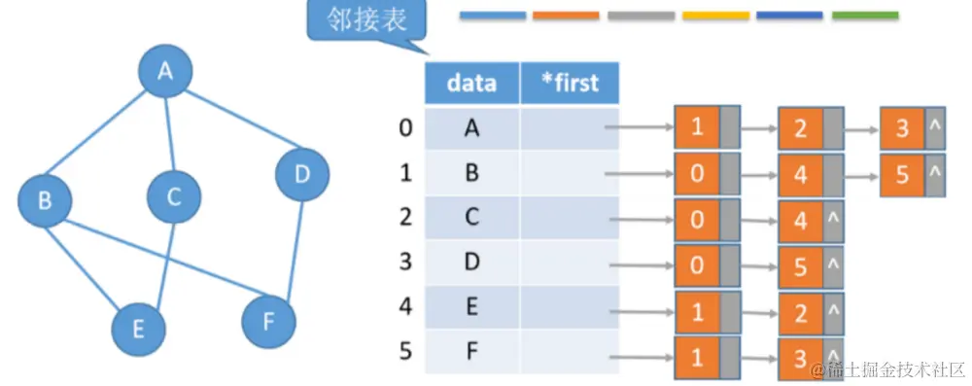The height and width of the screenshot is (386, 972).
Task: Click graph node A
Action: pos(165,71)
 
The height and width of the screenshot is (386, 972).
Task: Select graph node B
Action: pos(45,201)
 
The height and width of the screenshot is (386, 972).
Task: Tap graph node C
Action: pos(174,197)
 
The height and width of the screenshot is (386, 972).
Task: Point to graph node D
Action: pos(301,175)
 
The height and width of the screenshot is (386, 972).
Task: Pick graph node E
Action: pos(138,328)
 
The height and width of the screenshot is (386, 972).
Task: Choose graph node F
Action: pos(268,322)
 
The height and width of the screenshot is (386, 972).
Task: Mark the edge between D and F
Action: pos(287,247)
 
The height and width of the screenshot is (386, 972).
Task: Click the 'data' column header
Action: pos(471,83)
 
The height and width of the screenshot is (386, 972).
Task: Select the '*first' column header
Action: pos(570,83)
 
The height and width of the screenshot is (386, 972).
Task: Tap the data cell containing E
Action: pos(471,306)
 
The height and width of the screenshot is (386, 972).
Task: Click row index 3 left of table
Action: pos(405,261)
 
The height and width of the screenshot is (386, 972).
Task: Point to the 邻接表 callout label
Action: pos(367,19)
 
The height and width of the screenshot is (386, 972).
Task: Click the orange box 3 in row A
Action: pos(903,127)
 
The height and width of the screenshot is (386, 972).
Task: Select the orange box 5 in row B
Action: pos(903,175)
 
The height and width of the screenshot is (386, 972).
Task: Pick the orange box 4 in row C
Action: pos(801,219)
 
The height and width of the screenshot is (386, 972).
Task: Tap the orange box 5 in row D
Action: pos(801,264)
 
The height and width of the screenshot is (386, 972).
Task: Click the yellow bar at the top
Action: pos(715,16)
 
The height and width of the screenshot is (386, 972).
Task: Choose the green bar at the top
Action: pos(865,16)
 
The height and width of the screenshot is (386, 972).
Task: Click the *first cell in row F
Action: pos(570,350)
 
